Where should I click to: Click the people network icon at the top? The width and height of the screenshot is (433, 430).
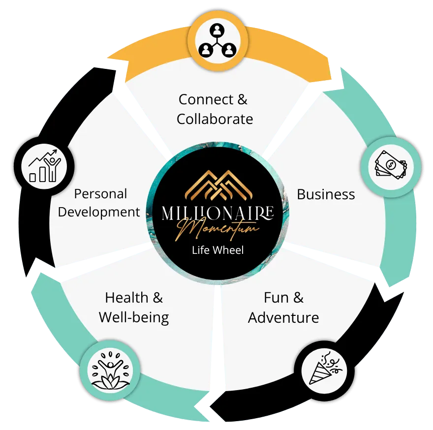coord(217,41)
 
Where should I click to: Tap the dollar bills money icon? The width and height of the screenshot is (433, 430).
coord(391,165)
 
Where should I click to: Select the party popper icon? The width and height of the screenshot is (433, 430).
coord(326,369)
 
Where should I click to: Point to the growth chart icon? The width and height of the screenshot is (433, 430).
coord(44,166)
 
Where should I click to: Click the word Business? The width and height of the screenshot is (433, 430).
coord(326,194)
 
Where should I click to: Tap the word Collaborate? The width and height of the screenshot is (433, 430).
coord(215,119)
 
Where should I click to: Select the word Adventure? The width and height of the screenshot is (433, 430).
coord(283,318)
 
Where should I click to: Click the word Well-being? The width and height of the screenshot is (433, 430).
coord(134,318)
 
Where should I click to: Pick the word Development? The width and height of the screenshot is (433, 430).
coord(99,213)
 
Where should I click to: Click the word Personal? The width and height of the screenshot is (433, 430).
coord(100,194)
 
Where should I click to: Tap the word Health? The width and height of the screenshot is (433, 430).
coord(126,298)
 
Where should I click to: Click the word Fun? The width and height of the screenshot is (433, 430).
coord(276,298)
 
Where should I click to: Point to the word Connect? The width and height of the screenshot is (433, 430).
coord(206,99)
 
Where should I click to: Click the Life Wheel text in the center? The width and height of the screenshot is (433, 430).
coord(218,250)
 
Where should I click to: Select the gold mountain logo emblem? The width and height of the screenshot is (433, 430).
coord(218,185)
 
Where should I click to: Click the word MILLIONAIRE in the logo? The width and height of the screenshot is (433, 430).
coord(217,213)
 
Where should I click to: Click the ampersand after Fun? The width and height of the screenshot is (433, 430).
coord(298,298)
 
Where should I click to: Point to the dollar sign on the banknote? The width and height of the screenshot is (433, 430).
coord(391,165)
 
